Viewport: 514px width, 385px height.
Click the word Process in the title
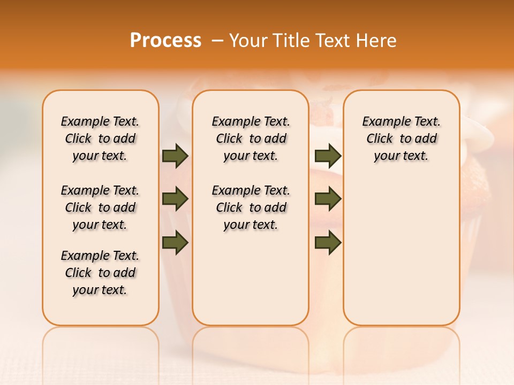pos(165,41)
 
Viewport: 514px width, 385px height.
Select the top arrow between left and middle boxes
pos(175,156)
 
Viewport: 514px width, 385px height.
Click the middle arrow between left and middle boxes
pos(175,199)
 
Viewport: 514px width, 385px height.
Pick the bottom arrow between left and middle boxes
pos(175,242)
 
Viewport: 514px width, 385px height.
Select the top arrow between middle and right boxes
pos(328,156)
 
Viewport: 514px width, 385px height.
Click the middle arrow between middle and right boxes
pos(328,199)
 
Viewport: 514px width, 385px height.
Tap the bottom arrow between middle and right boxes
pos(328,242)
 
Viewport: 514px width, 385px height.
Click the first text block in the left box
pos(100,138)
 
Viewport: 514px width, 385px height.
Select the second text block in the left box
pos(100,207)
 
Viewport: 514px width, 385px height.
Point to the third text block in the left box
pos(100,273)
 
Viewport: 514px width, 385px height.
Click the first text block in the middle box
pos(251,138)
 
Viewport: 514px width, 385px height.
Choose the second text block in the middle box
pos(251,207)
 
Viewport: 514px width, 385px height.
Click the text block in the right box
pos(402,138)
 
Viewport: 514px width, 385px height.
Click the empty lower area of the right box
pos(402,257)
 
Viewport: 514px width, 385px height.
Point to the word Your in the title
pos(248,41)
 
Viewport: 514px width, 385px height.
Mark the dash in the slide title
pos(217,41)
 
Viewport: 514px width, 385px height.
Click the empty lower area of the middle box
pos(251,278)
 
